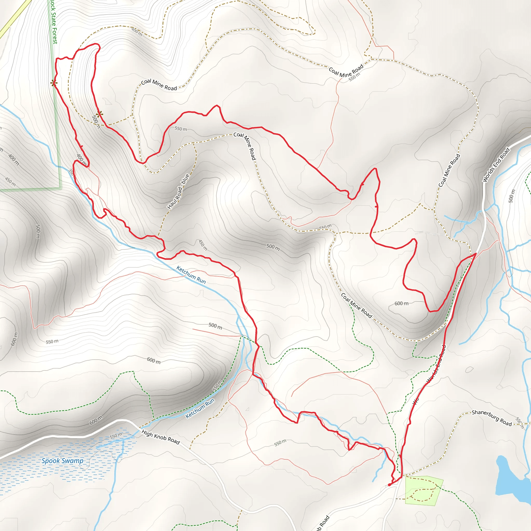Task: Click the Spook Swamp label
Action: [62, 461]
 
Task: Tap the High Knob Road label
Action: [160, 437]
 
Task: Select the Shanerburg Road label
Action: [492, 418]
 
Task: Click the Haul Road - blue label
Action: [178, 192]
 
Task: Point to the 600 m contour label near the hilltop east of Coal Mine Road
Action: [401, 303]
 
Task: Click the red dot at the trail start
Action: [389, 485]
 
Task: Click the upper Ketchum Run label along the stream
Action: [191, 275]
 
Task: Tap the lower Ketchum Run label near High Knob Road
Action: [200, 408]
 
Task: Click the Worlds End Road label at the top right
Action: [496, 165]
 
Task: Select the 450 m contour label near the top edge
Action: [137, 32]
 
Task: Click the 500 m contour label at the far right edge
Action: [512, 196]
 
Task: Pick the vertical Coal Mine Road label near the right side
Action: [449, 170]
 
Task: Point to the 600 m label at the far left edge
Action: [14, 339]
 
